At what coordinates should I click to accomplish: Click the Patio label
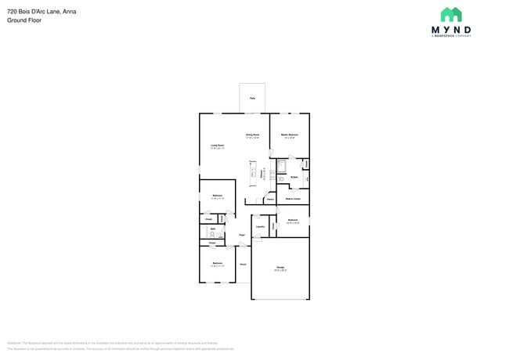coord(252,98)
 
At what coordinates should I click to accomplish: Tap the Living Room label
coord(217,146)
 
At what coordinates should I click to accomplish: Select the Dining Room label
coord(252,136)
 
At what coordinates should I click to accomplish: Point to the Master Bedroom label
coord(290,136)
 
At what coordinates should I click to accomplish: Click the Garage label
coord(280,269)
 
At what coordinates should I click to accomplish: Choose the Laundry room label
coord(260,227)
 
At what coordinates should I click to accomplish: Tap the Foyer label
coord(242,235)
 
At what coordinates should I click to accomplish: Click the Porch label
coord(243,265)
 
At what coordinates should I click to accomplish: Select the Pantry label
coord(269,200)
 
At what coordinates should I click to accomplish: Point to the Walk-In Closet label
coord(293,200)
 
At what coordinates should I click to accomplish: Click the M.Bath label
coord(294,178)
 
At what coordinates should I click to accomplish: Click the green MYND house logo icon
coord(450,15)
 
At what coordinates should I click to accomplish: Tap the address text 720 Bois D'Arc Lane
coord(36,12)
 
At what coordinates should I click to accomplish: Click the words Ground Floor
coord(24,20)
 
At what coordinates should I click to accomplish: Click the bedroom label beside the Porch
coord(217,265)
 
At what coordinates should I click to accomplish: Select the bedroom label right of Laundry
coord(293,221)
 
